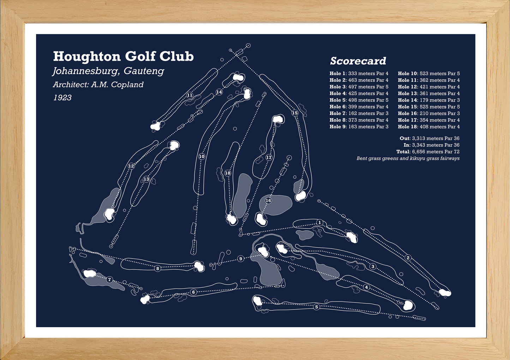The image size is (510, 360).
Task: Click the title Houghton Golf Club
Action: click(124, 56)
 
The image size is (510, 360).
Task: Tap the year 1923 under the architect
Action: click(62, 98)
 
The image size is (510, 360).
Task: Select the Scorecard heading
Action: click(358, 61)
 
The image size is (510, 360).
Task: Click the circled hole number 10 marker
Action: click(202, 157)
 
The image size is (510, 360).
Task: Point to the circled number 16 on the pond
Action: click(269, 200)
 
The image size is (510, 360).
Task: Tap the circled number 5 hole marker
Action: click(316, 307)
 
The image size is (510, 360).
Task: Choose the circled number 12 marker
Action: click(131, 166)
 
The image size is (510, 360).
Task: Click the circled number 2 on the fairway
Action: click(408, 258)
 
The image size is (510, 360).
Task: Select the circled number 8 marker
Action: click(157, 269)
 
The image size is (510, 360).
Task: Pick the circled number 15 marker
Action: click(295, 113)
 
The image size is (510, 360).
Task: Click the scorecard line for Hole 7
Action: click(359, 113)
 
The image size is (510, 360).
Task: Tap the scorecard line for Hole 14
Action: click(429, 100)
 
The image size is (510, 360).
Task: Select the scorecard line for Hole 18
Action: click(429, 127)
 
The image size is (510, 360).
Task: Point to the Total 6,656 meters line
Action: click(428, 152)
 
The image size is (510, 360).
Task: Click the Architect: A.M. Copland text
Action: click(98, 85)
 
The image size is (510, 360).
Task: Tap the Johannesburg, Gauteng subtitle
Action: click(108, 71)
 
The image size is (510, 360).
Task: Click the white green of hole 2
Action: click(445, 292)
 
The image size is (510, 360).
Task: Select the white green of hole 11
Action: click(156, 126)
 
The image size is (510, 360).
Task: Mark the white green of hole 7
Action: click(90, 273)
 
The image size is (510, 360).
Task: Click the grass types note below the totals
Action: click(408, 159)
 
